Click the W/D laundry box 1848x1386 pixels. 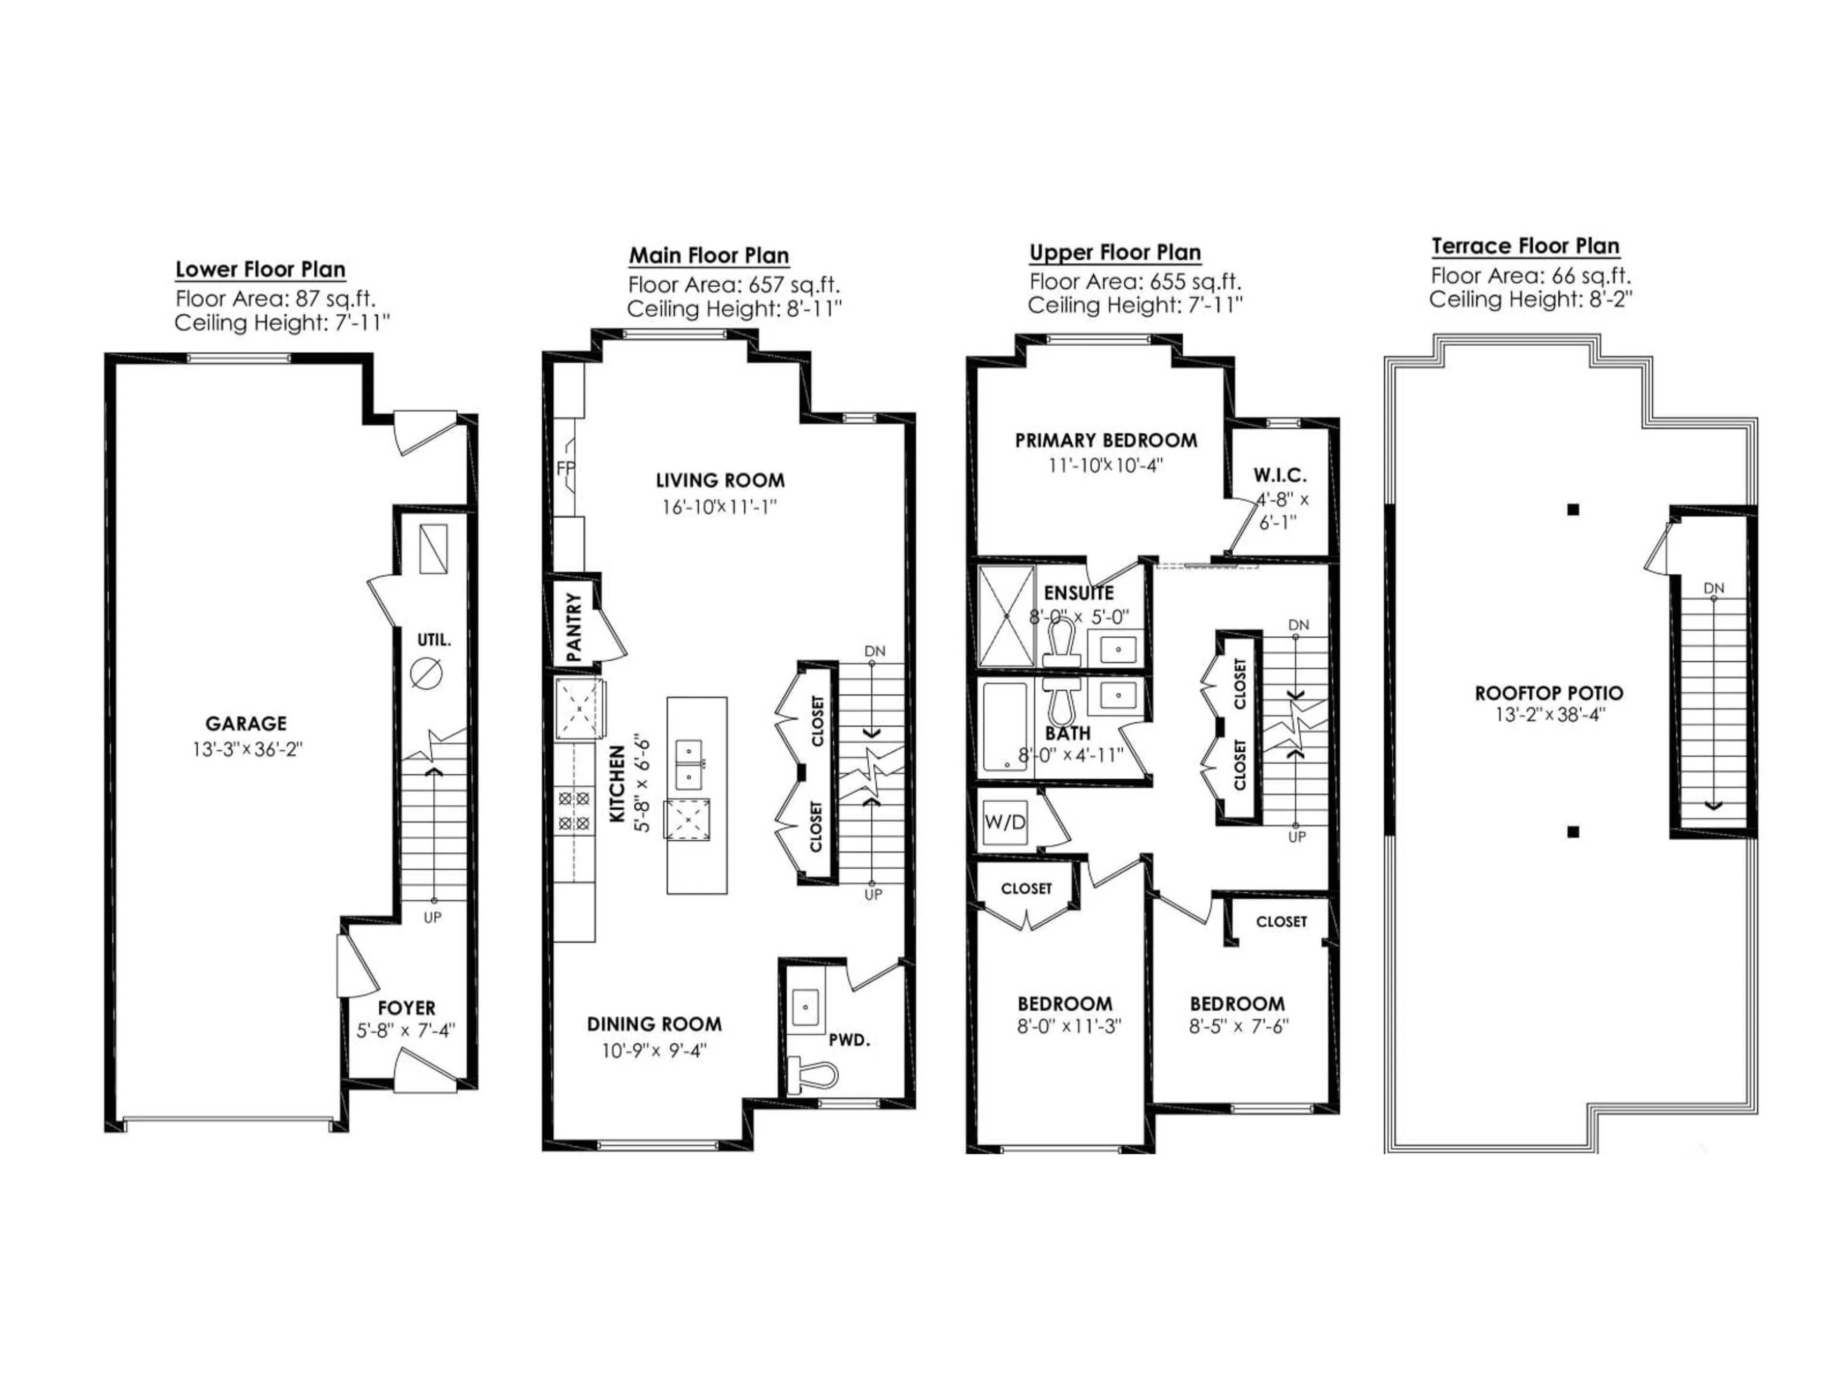click(x=1005, y=822)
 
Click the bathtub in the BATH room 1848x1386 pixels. click(x=1004, y=727)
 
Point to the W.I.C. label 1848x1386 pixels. click(x=1279, y=475)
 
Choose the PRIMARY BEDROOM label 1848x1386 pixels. click(x=1105, y=440)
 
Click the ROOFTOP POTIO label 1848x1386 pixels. click(x=1548, y=693)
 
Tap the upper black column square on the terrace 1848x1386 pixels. click(x=1573, y=509)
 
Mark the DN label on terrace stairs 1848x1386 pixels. click(x=1714, y=588)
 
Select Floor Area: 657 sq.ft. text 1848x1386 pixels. click(x=733, y=285)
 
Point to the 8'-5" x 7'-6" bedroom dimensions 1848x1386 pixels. click(x=1239, y=1026)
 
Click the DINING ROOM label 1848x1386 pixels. click(x=654, y=1024)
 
